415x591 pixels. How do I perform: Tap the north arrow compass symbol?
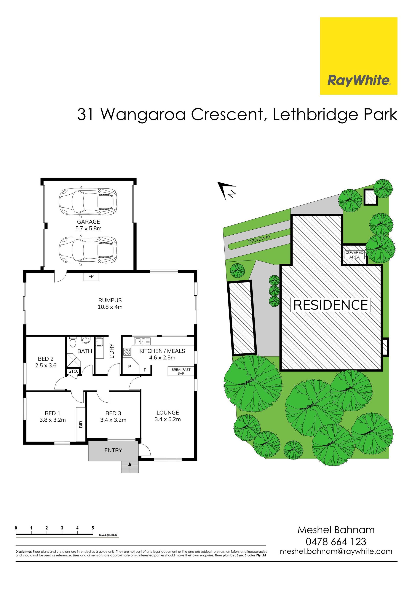pyautogui.click(x=227, y=190)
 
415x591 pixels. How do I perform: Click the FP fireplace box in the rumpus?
pyautogui.click(x=91, y=277)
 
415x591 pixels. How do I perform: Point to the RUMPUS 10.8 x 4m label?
pyautogui.click(x=110, y=303)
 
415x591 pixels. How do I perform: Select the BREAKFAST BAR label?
pyautogui.click(x=181, y=371)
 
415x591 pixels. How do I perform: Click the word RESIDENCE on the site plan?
pyautogui.click(x=330, y=305)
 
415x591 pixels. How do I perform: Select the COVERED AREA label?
pyautogui.click(x=354, y=255)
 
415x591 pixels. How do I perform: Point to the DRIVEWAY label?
pyautogui.click(x=260, y=239)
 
